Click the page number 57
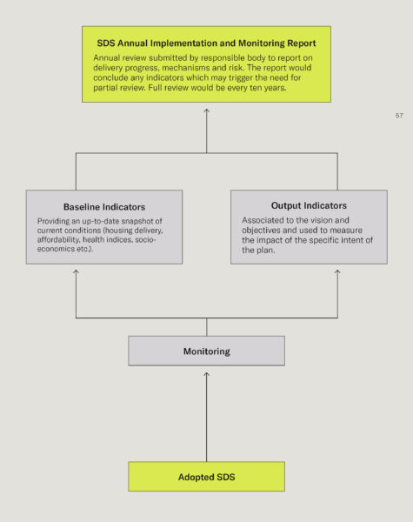[x=399, y=116]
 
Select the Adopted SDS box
[x=206, y=476]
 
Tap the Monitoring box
[x=206, y=351]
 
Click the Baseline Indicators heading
[x=104, y=207]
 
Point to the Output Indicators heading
[x=309, y=205]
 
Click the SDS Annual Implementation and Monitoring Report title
[x=206, y=43]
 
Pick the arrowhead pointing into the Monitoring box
[x=206, y=374]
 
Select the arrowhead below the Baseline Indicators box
[x=76, y=272]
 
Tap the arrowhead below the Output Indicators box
[x=337, y=272]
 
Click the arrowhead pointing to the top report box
[x=207, y=111]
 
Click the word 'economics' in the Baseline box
[x=56, y=249]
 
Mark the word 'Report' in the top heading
[x=302, y=43]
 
